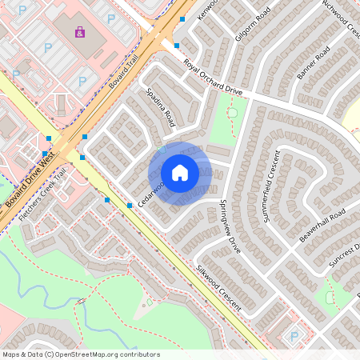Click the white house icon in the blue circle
click(180, 173)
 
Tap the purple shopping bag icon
click(79, 32)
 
